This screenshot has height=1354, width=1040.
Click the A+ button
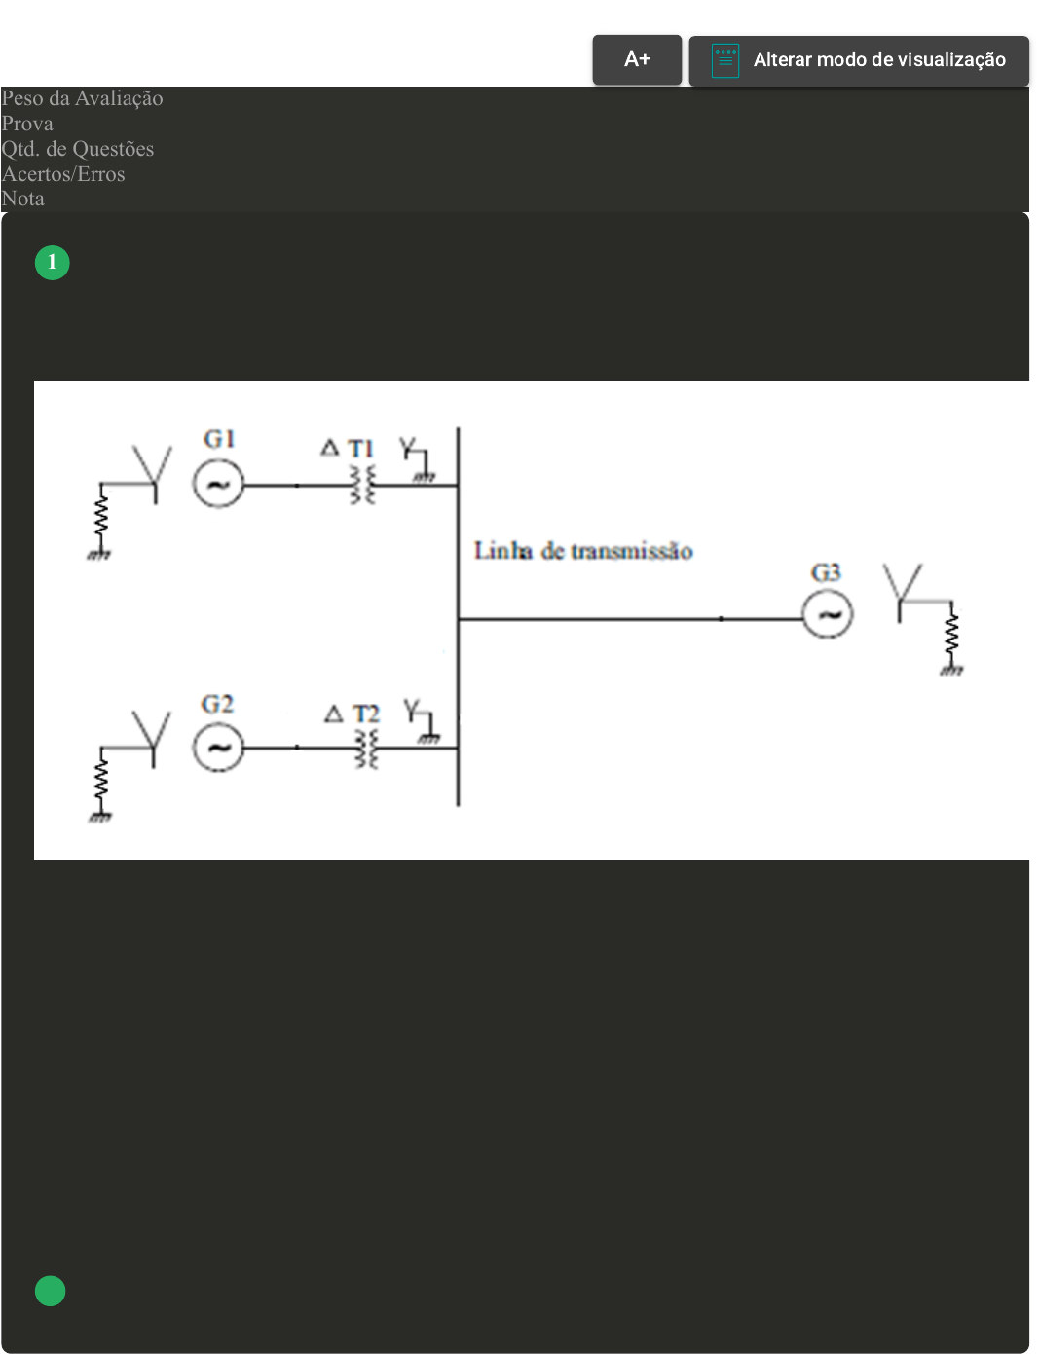(x=637, y=59)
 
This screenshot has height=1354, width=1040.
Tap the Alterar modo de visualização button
(x=859, y=60)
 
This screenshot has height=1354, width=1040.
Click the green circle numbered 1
(x=53, y=263)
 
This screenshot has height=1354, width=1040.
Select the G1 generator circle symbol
(x=218, y=484)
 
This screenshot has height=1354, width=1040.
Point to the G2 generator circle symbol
(x=218, y=748)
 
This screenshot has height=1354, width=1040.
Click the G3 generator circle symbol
(x=828, y=614)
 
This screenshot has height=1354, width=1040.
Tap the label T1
(x=361, y=449)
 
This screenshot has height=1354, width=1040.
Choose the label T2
(x=365, y=714)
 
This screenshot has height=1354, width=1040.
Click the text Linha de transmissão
(x=583, y=551)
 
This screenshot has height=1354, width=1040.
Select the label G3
(x=826, y=572)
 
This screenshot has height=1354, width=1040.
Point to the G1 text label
(x=219, y=439)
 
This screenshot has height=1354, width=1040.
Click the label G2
(x=217, y=704)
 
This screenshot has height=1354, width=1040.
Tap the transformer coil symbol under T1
(x=362, y=485)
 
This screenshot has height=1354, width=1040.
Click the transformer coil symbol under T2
(x=366, y=749)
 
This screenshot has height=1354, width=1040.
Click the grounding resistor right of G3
(x=951, y=637)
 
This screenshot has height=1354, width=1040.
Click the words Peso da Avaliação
(x=83, y=98)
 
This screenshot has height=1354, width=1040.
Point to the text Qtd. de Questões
(x=78, y=149)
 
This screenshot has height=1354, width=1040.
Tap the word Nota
(x=23, y=199)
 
